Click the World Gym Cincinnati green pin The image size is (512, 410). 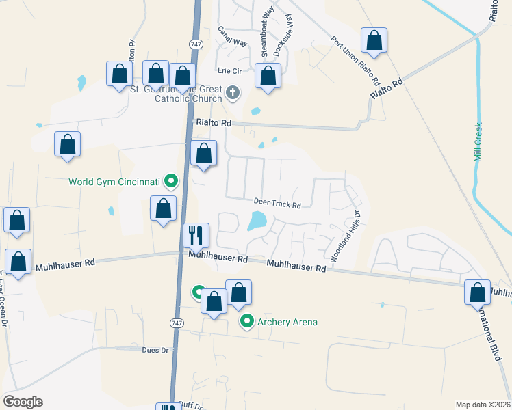(x=172, y=182)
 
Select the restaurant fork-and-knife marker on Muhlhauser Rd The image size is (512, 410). (x=196, y=236)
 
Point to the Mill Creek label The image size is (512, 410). (x=478, y=141)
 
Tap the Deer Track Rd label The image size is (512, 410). (x=277, y=204)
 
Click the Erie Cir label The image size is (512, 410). (x=231, y=71)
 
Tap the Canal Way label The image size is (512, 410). (x=232, y=36)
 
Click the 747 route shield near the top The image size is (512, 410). (x=196, y=43)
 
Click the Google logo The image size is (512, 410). (x=23, y=402)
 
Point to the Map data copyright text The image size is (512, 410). (x=483, y=405)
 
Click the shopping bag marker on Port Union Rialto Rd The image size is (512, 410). (x=374, y=41)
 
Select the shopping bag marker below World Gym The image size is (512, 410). (x=163, y=209)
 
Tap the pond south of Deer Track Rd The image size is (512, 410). (x=257, y=220)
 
